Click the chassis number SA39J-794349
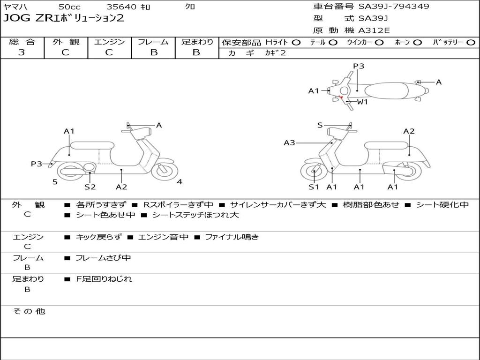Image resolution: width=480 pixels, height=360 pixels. pos(393,7)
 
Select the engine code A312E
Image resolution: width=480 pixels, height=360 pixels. pos(374,31)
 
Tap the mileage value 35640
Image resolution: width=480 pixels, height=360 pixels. pos(121,7)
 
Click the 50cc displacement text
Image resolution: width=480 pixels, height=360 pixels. pos(69,7)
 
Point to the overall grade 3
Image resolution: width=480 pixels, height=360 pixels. pos(22,52)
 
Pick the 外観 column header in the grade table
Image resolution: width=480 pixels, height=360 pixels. pos(66,42)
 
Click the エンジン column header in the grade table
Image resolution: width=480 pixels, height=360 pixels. pos(110,42)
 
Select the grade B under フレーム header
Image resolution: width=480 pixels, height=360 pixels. pos(154,52)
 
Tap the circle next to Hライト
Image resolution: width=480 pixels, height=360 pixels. pos(296,42)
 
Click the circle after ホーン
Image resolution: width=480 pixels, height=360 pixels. pos(417,42)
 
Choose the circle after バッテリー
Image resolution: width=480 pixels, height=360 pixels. pos(471,42)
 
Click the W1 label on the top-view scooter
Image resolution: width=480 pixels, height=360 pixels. pos(362,102)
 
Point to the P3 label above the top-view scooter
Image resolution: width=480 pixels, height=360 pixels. pos(359,66)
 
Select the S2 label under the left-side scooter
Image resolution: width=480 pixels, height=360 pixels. pos(90,187)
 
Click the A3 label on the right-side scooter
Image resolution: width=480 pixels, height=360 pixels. pos(289,142)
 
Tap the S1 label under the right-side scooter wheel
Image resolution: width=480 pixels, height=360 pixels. pos(314,187)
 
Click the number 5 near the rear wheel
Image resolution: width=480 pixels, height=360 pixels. pos(55,182)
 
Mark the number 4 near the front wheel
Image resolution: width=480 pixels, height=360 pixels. pos(180,182)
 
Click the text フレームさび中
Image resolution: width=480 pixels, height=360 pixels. pos(103,258)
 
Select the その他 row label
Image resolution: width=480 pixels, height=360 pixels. pos(29,311)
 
